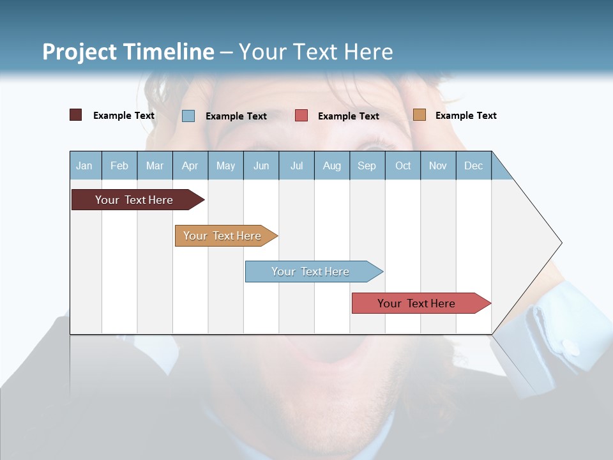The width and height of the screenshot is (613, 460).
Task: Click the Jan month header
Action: tap(85, 165)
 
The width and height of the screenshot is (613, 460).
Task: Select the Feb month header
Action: tap(119, 165)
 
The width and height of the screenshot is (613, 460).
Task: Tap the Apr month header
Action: tap(190, 165)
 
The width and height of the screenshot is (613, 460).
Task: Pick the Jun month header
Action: tap(261, 165)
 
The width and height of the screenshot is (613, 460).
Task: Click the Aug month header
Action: tap(332, 165)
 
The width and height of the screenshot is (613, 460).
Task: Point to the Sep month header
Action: tap(367, 165)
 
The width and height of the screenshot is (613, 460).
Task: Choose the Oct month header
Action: tap(403, 165)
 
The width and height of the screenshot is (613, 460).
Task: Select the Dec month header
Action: tap(474, 165)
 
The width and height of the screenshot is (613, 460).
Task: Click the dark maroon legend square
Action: tap(76, 115)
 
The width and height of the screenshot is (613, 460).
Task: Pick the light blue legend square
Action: tap(188, 116)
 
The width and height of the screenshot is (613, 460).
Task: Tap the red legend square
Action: tap(301, 116)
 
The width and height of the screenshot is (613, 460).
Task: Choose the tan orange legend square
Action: tap(420, 115)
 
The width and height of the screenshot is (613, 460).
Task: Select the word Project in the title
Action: tap(80, 52)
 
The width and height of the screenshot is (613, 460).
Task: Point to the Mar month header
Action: tap(155, 165)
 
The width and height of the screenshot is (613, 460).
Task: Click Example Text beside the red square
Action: tap(349, 116)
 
